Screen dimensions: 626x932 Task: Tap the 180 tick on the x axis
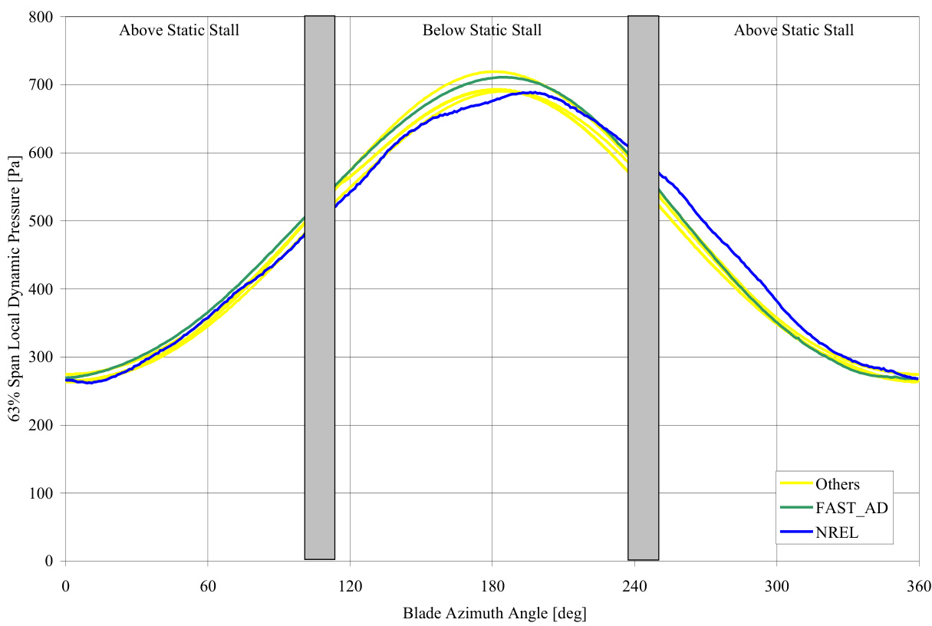click(492, 588)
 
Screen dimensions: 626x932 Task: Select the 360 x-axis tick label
click(918, 588)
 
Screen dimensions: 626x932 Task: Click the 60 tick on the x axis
click(207, 588)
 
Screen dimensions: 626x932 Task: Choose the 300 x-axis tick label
click(776, 588)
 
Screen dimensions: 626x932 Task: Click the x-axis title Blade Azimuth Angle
click(494, 614)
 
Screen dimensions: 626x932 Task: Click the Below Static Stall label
click(482, 31)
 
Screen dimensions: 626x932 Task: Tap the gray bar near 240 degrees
click(643, 288)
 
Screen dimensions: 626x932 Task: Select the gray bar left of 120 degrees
click(319, 288)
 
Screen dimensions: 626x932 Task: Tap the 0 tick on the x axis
click(65, 588)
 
